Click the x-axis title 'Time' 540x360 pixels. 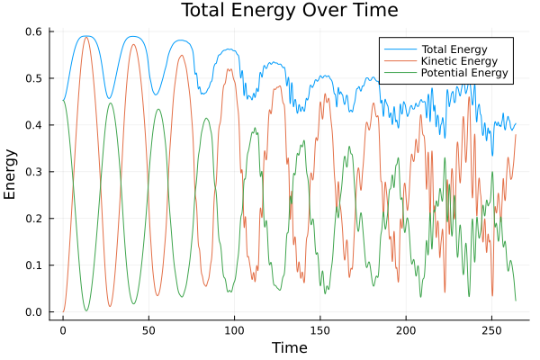(290, 347)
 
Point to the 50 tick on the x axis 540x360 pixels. (148, 328)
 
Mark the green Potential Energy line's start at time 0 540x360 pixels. (63, 100)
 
